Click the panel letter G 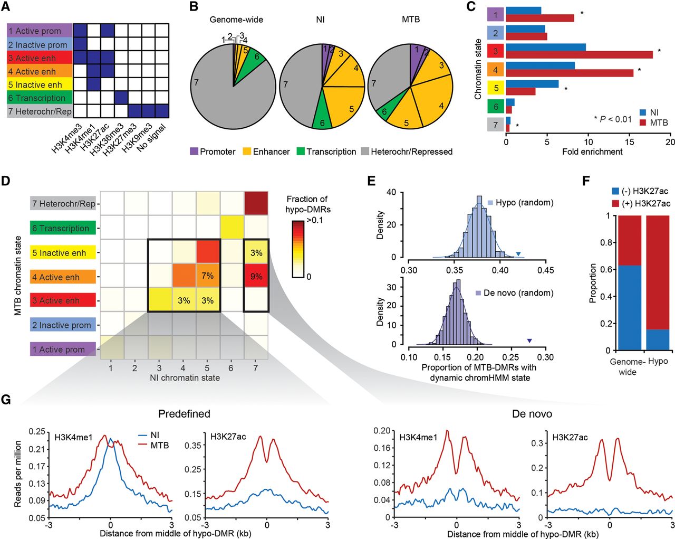point(6,399)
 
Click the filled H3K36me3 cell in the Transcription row point(121,98)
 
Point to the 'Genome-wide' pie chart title point(236,20)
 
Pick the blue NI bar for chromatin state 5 point(532,83)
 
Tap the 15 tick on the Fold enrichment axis point(629,141)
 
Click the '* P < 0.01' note point(612,119)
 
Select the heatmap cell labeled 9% point(256,277)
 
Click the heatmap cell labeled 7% point(207,276)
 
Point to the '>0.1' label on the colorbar point(315,220)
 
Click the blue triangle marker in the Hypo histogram point(518,254)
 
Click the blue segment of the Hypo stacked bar point(657,339)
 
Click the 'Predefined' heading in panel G point(184,413)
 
